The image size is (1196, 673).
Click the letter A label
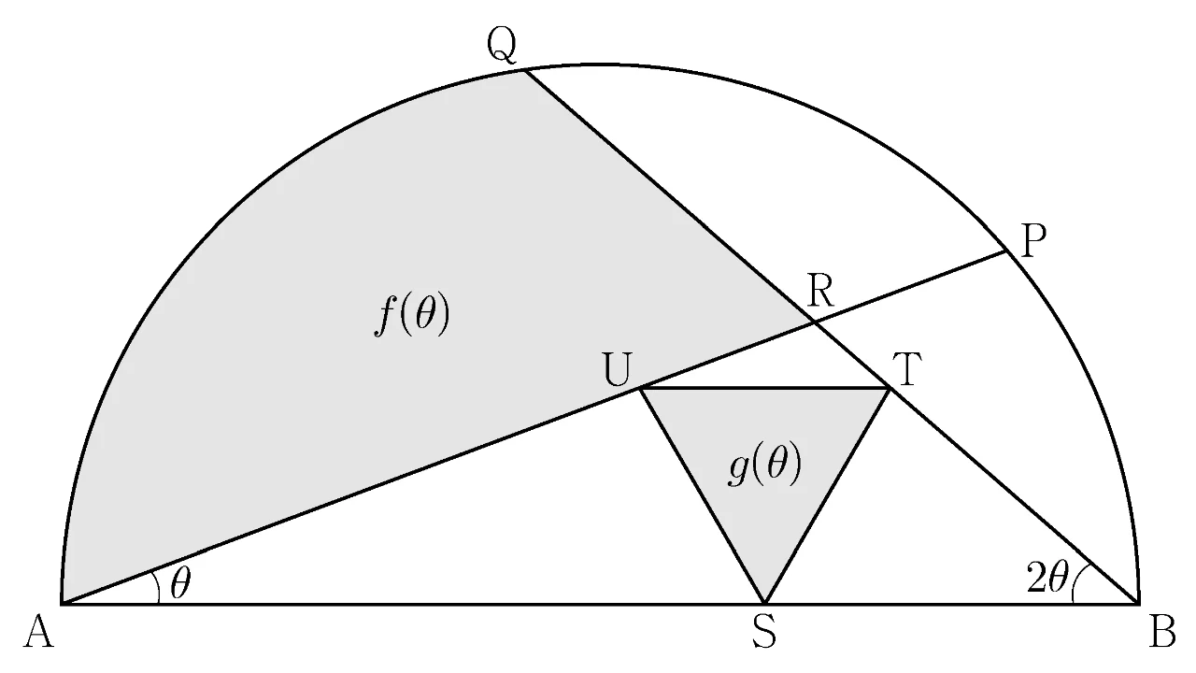(39, 634)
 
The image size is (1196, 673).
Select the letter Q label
(502, 47)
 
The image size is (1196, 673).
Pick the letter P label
(1033, 241)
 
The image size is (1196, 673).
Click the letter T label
(907, 369)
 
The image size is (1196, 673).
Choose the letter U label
(619, 369)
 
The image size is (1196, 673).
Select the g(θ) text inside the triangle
(764, 465)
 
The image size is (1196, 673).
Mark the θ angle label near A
(180, 584)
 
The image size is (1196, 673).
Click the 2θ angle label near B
(1046, 579)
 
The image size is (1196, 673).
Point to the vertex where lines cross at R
(814, 322)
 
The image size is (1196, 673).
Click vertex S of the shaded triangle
(764, 604)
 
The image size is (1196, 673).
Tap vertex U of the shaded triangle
(641, 389)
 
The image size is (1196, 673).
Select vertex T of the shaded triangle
(889, 389)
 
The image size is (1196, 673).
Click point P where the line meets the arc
(1006, 251)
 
